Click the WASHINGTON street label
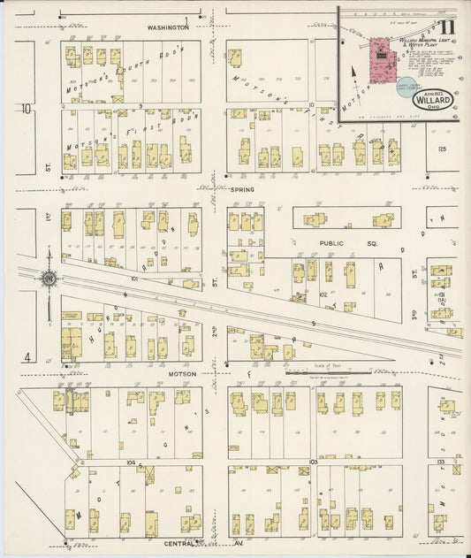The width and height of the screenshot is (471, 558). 168,27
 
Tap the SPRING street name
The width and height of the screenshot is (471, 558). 242,189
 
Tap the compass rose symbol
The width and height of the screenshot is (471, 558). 47,279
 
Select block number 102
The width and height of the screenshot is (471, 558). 323,294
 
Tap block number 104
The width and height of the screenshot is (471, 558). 131,462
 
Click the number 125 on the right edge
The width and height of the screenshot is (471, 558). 442,149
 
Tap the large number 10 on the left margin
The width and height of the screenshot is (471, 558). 27,109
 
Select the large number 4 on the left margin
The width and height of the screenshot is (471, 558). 28,357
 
